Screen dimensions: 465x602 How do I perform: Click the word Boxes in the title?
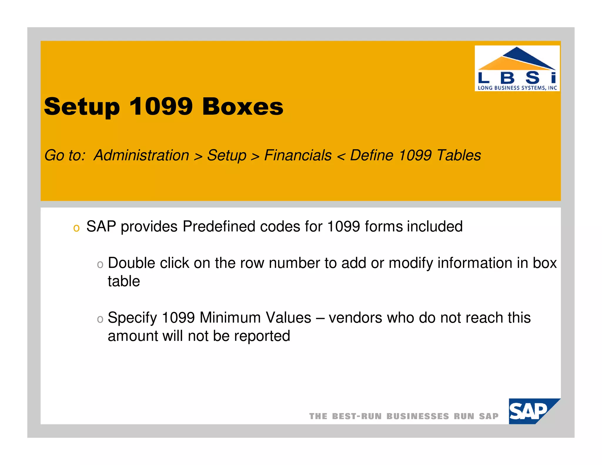coord(243,106)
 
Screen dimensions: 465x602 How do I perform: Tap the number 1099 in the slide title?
coord(161,106)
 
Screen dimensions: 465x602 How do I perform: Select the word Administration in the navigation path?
coord(141,155)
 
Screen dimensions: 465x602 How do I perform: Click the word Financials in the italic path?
coord(298,155)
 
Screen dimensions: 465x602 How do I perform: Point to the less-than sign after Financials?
coord(341,156)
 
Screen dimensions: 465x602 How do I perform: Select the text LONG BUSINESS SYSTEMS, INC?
coord(517,88)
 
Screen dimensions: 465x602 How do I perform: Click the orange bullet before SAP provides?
coord(76,228)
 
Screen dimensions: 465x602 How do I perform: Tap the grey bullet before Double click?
coord(100,264)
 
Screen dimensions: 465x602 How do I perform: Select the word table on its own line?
coord(124,281)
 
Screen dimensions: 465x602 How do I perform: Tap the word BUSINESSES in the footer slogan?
coord(418,416)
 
